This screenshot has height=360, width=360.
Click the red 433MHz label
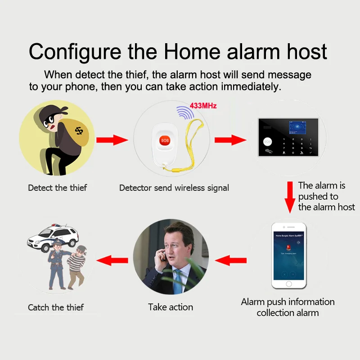tap(203, 106)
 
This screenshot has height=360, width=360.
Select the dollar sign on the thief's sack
tap(79, 130)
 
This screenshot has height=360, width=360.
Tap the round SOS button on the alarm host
tap(268, 141)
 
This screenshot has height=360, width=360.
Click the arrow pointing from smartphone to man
tap(231, 260)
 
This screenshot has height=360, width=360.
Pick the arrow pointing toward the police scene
tap(113, 260)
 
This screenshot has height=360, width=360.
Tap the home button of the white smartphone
tap(288, 283)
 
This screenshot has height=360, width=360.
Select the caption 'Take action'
tap(171, 307)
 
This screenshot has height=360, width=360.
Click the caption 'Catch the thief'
tap(56, 308)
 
